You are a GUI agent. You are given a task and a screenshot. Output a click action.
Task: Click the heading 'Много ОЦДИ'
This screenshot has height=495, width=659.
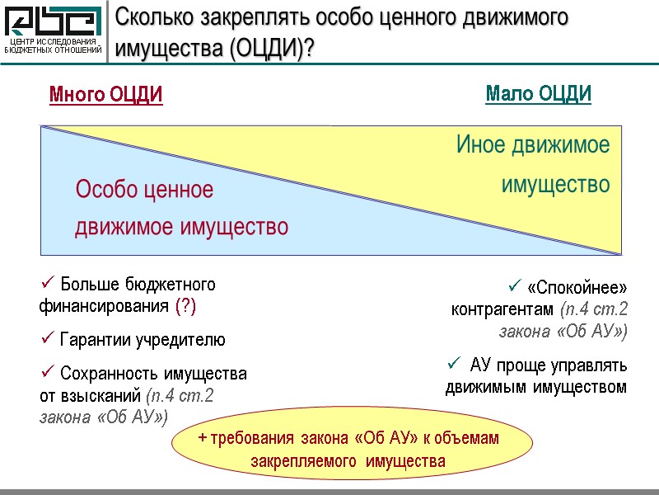pyautogui.click(x=106, y=95)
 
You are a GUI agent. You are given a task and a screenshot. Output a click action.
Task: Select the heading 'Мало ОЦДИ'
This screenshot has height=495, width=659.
pyautogui.click(x=539, y=94)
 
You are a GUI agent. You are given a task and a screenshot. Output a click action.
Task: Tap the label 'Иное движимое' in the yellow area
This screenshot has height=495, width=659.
pyautogui.click(x=533, y=146)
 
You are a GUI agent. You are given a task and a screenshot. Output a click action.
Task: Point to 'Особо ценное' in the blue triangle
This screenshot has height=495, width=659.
pyautogui.click(x=144, y=191)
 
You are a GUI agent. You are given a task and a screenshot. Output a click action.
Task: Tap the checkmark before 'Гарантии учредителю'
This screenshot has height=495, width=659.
pyautogui.click(x=46, y=338)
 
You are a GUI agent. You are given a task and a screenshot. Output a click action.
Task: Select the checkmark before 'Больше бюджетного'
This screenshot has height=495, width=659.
pyautogui.click(x=46, y=284)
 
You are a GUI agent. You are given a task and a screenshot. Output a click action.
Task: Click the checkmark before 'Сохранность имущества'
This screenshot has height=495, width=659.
pyautogui.click(x=46, y=373)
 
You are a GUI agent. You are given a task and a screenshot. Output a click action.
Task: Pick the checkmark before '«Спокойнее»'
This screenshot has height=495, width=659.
pyautogui.click(x=515, y=287)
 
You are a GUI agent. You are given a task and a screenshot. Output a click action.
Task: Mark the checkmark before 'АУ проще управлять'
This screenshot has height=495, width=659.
pyautogui.click(x=452, y=363)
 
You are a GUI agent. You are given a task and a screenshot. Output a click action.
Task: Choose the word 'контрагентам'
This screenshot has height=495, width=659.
pyautogui.click(x=502, y=310)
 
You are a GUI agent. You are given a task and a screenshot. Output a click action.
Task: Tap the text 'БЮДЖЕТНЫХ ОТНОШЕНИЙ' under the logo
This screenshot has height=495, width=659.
pyautogui.click(x=54, y=50)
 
